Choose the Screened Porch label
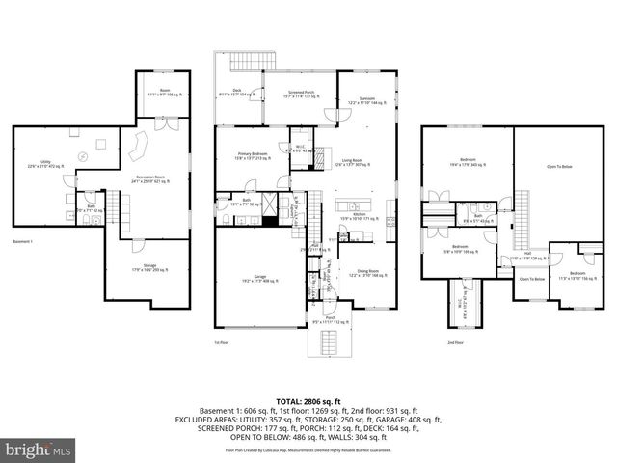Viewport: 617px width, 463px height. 300,95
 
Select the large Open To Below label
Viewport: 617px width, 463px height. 559,166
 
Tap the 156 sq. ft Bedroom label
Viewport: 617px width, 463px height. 576,275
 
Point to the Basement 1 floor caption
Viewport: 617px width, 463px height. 25,241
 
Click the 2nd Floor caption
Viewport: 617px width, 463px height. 455,342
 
